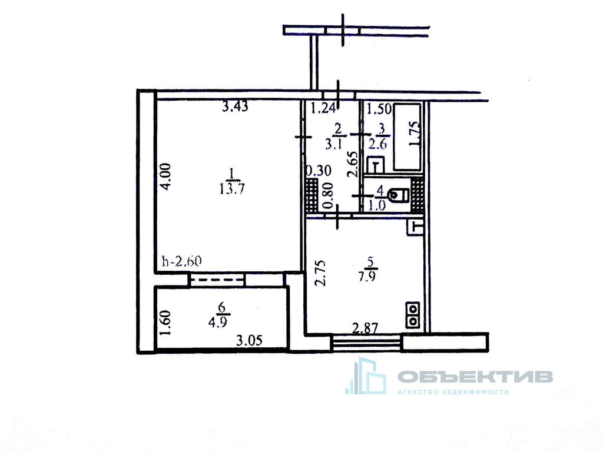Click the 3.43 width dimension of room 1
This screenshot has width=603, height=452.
coord(236,107)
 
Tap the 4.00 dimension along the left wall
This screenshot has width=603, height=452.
coord(166,177)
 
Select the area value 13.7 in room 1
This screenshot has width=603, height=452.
coord(232,189)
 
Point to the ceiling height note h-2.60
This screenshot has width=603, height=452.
coord(182,261)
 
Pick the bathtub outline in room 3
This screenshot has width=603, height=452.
coord(407,136)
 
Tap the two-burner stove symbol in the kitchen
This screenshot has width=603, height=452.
coord(413,315)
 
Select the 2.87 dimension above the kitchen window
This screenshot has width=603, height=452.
coord(366,328)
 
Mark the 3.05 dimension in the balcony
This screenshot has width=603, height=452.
coord(249,341)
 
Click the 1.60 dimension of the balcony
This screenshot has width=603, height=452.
coord(165,323)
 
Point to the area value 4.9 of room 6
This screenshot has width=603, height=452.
coord(218,321)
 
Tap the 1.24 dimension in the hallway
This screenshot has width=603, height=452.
coord(324,109)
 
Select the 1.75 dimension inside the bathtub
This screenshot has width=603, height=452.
coord(414,134)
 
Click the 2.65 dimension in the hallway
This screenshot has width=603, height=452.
coord(353,164)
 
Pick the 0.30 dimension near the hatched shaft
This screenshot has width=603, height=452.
coord(318,170)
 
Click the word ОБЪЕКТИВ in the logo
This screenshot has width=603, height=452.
coord(475,377)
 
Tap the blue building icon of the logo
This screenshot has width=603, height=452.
coord(366,376)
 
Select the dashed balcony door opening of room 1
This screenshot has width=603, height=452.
coord(217,280)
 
